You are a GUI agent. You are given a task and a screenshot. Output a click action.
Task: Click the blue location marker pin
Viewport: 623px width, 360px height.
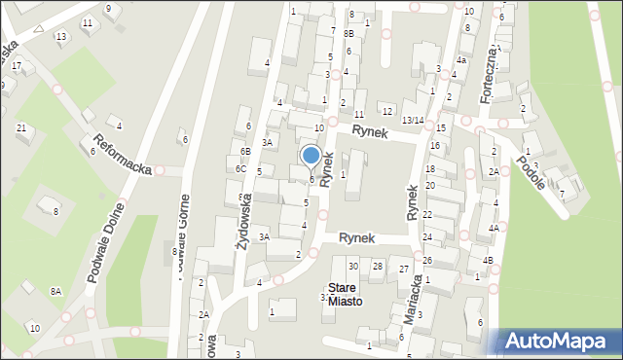point(311,156)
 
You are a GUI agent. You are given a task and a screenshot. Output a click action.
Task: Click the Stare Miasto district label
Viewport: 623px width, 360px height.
point(345,295)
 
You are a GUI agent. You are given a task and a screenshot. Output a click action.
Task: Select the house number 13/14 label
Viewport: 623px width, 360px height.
point(413,120)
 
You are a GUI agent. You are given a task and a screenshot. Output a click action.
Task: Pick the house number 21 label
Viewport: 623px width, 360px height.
point(21,127)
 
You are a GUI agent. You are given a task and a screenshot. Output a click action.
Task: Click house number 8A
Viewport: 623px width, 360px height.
point(56,291)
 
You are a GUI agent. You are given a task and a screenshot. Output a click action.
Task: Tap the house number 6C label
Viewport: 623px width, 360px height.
point(239,168)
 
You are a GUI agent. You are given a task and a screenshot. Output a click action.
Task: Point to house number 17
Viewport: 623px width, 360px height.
point(17,65)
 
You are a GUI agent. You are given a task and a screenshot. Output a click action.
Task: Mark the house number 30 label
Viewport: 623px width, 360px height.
point(353,266)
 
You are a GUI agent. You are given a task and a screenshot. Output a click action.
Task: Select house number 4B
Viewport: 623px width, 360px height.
point(488,260)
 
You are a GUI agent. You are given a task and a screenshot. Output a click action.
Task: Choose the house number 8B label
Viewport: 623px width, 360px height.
point(348,33)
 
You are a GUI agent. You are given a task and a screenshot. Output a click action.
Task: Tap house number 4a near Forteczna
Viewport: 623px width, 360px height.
point(462,60)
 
